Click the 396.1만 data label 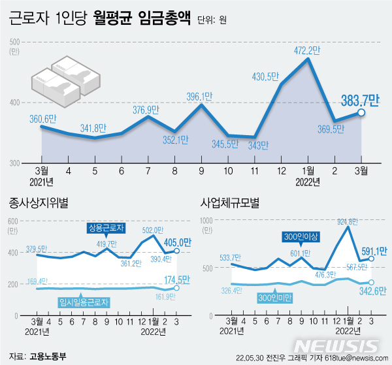(x=201, y=97)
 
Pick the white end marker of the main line (x=361, y=112)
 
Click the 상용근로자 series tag (x=107, y=229)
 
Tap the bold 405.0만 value (x=177, y=243)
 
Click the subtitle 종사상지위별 (x=37, y=203)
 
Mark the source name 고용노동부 (x=47, y=357)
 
